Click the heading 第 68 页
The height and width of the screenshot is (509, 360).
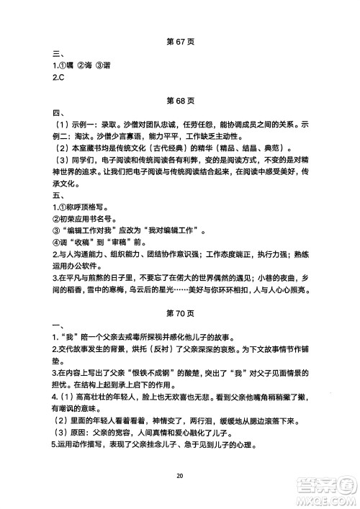coord(179,99)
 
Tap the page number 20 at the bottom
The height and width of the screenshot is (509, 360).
coord(179,474)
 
